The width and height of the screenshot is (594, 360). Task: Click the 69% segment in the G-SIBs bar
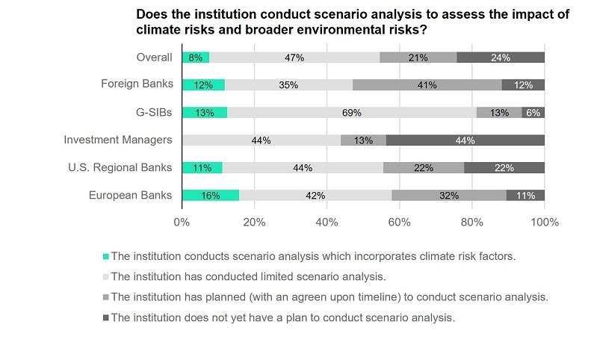coord(352,113)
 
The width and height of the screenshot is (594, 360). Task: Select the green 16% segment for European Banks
coord(210,196)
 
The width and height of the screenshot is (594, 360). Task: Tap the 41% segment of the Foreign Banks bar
coord(427,85)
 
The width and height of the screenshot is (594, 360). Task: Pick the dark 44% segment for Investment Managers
coord(465,140)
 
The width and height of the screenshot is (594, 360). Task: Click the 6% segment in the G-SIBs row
coord(533,113)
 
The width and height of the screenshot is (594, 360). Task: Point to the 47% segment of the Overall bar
coord(294,58)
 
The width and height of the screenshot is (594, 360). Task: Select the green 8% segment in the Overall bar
coord(196,58)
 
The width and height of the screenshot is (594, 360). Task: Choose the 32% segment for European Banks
coord(449,196)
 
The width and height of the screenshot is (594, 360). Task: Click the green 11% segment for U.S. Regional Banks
coord(202,168)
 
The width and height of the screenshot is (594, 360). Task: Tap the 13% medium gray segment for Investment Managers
coord(364,140)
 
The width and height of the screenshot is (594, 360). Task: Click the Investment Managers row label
coord(118,140)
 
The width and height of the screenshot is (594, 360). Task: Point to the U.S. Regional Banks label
coord(120,167)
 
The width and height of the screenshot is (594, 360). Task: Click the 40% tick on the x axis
coord(327,222)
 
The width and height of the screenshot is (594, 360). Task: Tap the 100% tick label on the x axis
coord(544,222)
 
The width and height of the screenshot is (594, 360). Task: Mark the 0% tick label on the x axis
coord(182,222)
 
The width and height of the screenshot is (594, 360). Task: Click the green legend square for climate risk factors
coord(105,256)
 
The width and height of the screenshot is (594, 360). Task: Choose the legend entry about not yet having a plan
coord(282,317)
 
